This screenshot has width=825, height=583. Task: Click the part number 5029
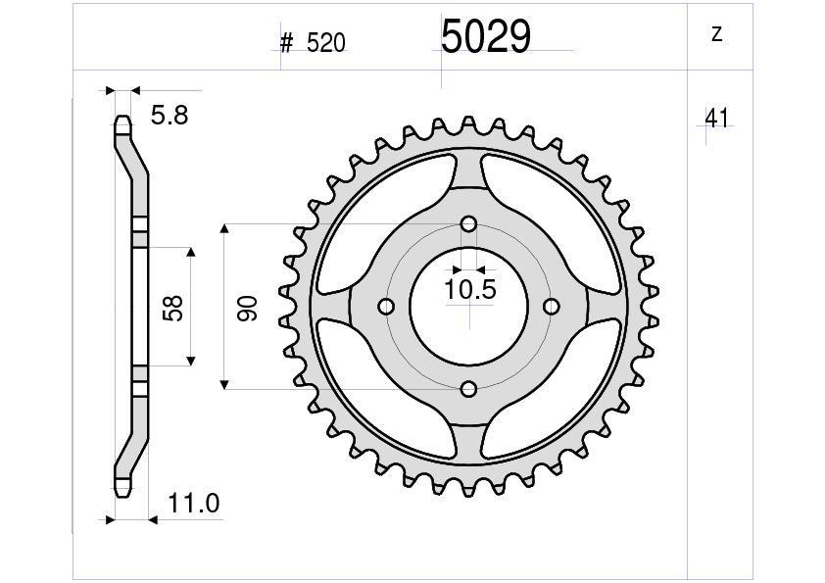[x=485, y=37]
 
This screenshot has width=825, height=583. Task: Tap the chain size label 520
[x=325, y=44]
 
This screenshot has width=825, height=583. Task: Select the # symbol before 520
[x=287, y=44]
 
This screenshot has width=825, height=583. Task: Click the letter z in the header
[x=716, y=34]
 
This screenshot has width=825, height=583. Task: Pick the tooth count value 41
[x=716, y=119]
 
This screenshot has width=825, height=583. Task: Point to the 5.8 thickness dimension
[x=169, y=116]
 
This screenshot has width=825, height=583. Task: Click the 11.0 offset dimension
[x=193, y=505]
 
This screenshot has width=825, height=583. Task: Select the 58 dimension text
[x=173, y=307]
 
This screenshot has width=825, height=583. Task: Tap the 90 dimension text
[x=246, y=307]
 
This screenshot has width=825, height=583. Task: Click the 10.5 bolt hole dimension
[x=470, y=289]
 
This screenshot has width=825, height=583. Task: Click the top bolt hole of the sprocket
[x=468, y=224]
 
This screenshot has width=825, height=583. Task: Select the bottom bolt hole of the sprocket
[x=468, y=389]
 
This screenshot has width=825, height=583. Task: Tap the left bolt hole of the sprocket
[x=386, y=307]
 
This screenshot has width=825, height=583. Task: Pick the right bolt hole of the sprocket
[x=551, y=307]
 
